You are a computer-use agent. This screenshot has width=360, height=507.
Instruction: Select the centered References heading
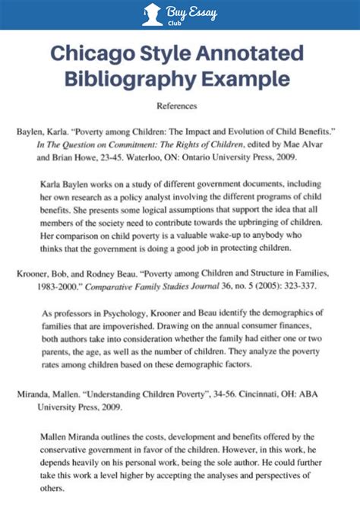click(177, 106)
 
